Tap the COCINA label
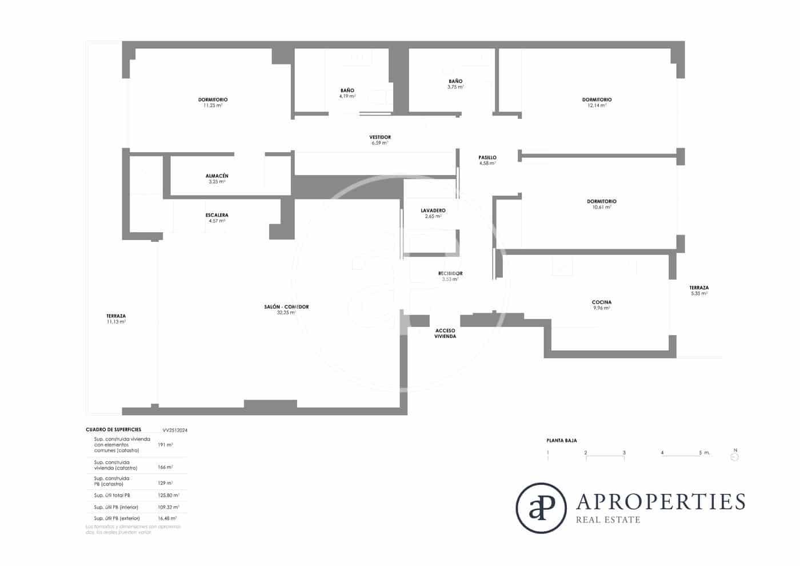tap(601, 302)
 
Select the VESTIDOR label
tap(380, 137)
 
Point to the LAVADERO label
tap(433, 211)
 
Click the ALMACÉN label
tap(217, 176)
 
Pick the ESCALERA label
tap(217, 216)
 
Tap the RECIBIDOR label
tap(450, 273)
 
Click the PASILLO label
tap(487, 157)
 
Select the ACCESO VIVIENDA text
tap(445, 333)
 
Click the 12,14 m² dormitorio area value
tap(597, 106)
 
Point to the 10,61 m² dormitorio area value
tap(602, 208)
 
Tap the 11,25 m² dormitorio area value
tap(213, 106)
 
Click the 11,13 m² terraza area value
tap(116, 322)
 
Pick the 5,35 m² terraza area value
tap(699, 293)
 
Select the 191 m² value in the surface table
tap(165, 444)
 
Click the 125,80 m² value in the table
tap(168, 495)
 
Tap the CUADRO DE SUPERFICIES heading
tap(113, 429)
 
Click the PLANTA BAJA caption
tap(561, 441)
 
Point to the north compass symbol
tap(735, 456)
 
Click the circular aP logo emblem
tap(541, 508)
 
